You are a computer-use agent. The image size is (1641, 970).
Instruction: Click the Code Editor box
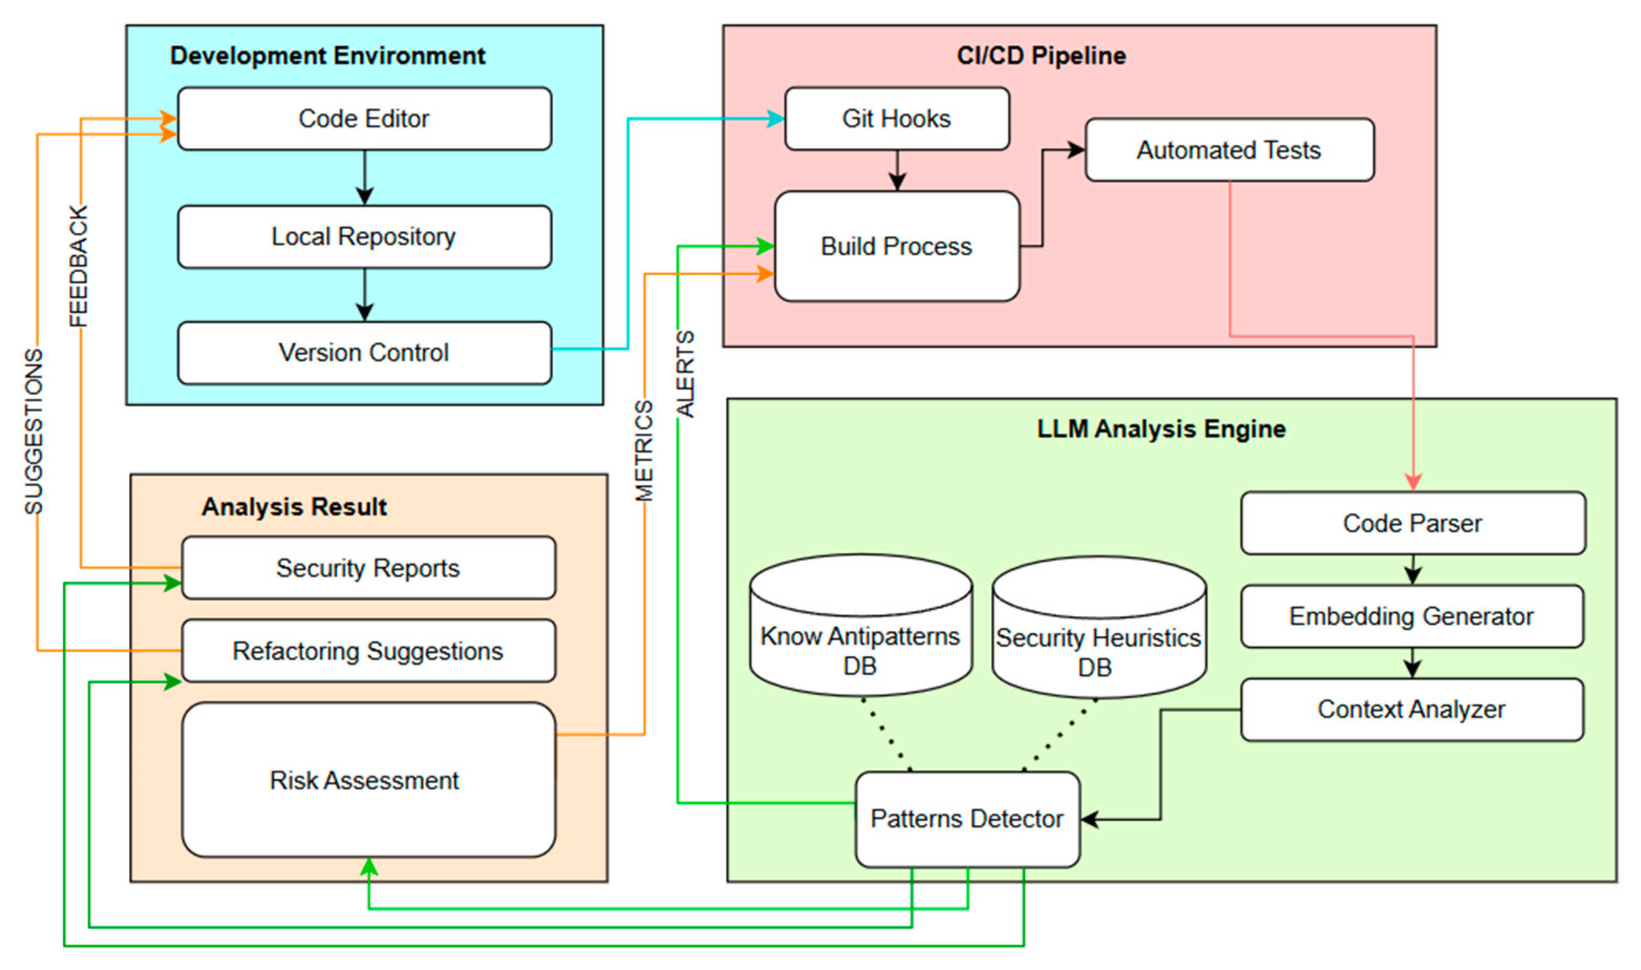click(x=364, y=119)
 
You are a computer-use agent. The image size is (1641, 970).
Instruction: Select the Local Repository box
click(x=364, y=237)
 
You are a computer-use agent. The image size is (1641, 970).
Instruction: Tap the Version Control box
click(x=364, y=353)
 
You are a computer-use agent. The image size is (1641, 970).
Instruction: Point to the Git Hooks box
click(x=897, y=119)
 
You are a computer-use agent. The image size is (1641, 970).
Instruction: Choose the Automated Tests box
click(x=1229, y=150)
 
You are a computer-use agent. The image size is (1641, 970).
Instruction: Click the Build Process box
click(x=897, y=246)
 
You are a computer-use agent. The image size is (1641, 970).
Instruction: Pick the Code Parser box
click(x=1413, y=524)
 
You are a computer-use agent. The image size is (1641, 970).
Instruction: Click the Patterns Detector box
click(x=967, y=819)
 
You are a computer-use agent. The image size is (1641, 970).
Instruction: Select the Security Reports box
click(x=368, y=568)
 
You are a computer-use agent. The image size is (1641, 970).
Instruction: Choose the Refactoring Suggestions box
click(x=368, y=651)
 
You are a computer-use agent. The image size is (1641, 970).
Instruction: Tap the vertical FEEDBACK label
click(x=79, y=266)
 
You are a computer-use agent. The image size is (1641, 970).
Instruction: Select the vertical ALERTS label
click(x=685, y=374)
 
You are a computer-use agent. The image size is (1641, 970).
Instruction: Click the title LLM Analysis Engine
click(x=1161, y=429)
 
